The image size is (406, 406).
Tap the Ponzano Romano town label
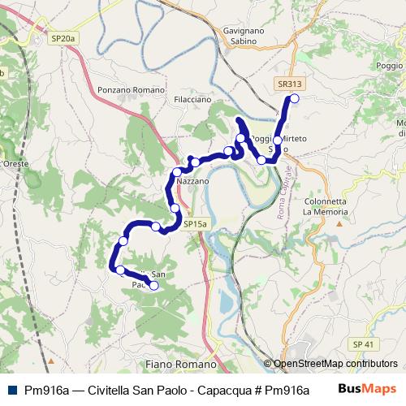[131, 89]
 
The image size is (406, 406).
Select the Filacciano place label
[192, 99]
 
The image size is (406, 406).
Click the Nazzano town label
[193, 182]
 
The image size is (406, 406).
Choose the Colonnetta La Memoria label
[325, 206]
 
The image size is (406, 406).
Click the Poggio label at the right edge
[390, 65]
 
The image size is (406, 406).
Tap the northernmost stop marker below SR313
[294, 98]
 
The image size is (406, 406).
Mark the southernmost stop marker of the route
[153, 285]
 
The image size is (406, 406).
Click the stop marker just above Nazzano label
[176, 172]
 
